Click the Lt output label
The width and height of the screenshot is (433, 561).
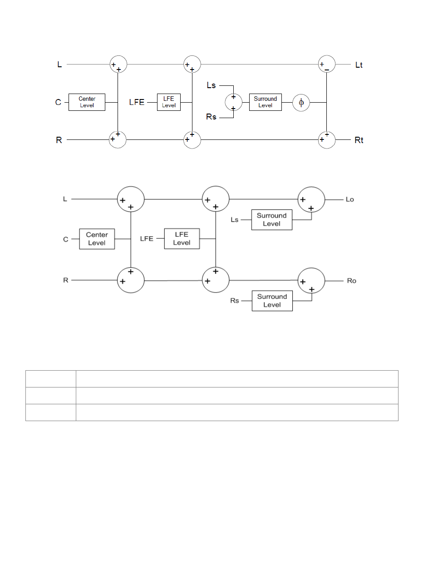[359, 65]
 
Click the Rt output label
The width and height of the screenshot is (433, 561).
[359, 140]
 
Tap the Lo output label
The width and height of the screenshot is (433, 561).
[349, 199]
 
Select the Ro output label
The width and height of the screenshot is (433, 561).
[351, 281]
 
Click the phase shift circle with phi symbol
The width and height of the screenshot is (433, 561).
[301, 103]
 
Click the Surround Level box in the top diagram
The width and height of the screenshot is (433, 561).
[265, 102]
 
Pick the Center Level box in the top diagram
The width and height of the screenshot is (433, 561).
[87, 102]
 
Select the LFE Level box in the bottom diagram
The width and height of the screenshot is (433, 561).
[182, 238]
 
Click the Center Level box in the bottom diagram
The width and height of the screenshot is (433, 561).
[97, 239]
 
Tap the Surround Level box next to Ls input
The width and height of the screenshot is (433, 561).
[271, 220]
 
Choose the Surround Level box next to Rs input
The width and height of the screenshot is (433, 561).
[272, 301]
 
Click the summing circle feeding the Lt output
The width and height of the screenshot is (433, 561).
[327, 64]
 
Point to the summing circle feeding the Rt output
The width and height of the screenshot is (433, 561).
[327, 139]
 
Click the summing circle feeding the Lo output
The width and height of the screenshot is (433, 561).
[311, 199]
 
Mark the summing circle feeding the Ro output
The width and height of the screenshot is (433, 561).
[311, 281]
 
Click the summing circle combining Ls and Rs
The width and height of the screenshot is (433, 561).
[233, 102]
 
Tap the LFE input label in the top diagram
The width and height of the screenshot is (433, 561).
[137, 102]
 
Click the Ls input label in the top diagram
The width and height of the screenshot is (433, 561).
[211, 85]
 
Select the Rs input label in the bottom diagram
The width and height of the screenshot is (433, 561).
[234, 301]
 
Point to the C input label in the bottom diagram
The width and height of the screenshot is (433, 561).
[66, 239]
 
